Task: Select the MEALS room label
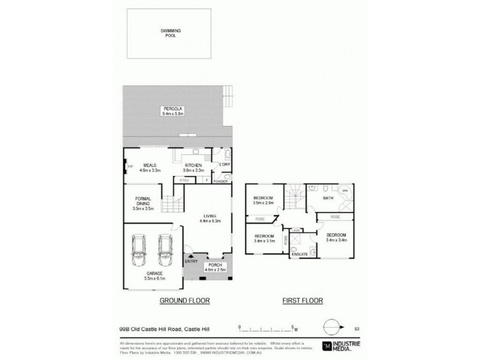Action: [149, 167]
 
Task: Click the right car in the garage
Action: [165, 250]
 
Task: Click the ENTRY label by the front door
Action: [191, 261]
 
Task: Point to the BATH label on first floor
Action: [328, 198]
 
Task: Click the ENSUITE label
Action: [300, 255]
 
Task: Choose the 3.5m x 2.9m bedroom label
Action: [263, 200]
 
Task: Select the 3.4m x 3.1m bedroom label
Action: [265, 239]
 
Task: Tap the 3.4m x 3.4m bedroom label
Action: [336, 237]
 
